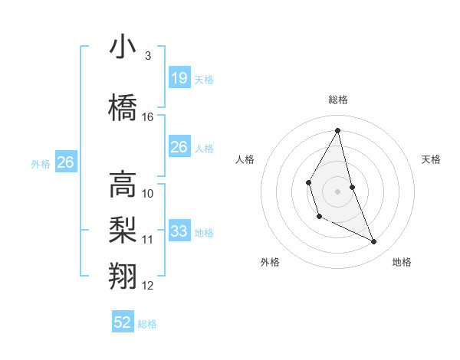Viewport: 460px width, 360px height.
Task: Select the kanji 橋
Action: point(123,107)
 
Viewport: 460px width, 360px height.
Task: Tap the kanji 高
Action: point(123,185)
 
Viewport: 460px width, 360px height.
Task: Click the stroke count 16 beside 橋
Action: point(148,117)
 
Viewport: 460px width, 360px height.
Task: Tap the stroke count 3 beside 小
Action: point(148,56)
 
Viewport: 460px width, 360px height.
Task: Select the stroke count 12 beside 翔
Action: point(148,286)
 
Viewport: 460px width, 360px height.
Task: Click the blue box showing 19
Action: point(179,77)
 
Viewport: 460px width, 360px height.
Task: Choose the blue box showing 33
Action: point(179,231)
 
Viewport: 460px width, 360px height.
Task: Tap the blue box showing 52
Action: point(123,322)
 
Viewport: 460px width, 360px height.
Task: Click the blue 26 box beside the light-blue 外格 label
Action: point(65,162)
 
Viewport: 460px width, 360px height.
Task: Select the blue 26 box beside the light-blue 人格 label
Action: point(179,146)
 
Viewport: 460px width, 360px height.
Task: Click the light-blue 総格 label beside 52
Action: point(147,324)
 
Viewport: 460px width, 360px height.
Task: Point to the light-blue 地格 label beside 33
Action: point(204,232)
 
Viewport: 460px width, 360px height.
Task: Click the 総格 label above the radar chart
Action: point(337,100)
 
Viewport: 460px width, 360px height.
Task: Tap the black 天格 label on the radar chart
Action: point(432,159)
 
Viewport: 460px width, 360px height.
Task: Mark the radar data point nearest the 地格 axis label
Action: point(374,242)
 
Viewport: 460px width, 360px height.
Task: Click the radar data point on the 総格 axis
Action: point(337,129)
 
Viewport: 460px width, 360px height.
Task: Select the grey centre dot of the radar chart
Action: point(337,190)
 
